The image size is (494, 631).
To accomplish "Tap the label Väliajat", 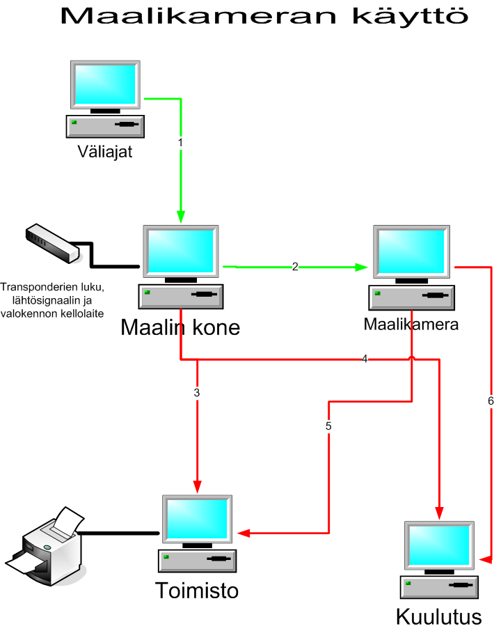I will click(x=104, y=151).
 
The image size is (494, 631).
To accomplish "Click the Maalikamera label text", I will click(x=411, y=324).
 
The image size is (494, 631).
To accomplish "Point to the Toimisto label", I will click(x=196, y=591).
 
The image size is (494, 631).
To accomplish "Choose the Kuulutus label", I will click(x=438, y=617).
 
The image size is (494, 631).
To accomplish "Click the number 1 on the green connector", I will click(x=180, y=142).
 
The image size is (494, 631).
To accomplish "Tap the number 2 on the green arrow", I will click(x=295, y=267).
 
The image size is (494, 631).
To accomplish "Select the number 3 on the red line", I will click(x=197, y=393).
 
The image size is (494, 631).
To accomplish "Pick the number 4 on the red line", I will click(x=365, y=359).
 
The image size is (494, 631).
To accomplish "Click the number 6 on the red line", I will click(x=490, y=401).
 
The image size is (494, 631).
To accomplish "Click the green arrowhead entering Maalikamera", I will click(x=361, y=267).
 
